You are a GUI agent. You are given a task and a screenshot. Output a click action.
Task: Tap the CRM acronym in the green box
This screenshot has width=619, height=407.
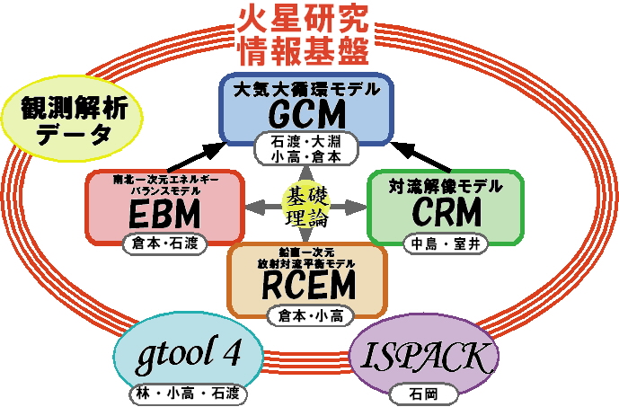[x=447, y=213]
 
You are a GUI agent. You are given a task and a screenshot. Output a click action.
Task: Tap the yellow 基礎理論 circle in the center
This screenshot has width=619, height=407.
[x=306, y=206]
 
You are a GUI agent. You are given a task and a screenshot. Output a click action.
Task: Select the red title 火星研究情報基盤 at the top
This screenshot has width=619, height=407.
[x=305, y=33]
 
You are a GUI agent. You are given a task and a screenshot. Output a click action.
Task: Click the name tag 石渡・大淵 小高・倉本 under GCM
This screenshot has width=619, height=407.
[x=306, y=148]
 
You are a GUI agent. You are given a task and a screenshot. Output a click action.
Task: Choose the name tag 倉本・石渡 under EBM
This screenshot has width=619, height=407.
[x=165, y=243]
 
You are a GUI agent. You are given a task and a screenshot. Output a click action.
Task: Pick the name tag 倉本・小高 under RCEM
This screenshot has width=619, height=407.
[x=307, y=315]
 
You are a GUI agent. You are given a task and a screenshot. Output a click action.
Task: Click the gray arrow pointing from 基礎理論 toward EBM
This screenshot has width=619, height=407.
[x=261, y=207]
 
